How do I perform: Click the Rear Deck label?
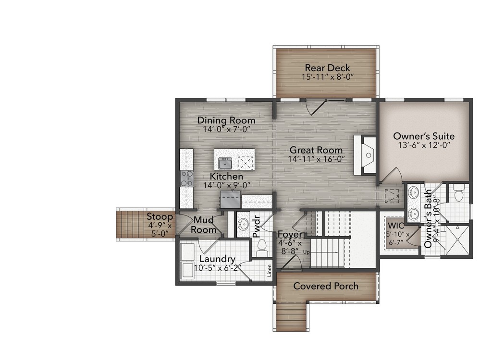pyautogui.click(x=326, y=68)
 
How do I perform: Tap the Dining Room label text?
pyautogui.click(x=226, y=120)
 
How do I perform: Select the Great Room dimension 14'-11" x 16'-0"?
pyautogui.click(x=317, y=159)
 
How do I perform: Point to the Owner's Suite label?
pyautogui.click(x=424, y=136)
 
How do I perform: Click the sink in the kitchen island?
pyautogui.click(x=225, y=163)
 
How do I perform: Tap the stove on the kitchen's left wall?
pyautogui.click(x=186, y=179)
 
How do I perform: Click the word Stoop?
pyautogui.click(x=160, y=216)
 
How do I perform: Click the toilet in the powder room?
pyautogui.click(x=262, y=248)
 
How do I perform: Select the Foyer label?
pyautogui.click(x=290, y=234)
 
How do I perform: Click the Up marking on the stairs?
pyautogui.click(x=306, y=252)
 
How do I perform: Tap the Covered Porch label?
pyautogui.click(x=326, y=286)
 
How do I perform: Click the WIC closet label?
pyautogui.click(x=396, y=225)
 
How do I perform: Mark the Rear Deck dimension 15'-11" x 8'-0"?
pyautogui.click(x=326, y=77)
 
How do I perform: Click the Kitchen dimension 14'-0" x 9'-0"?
pyautogui.click(x=226, y=185)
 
